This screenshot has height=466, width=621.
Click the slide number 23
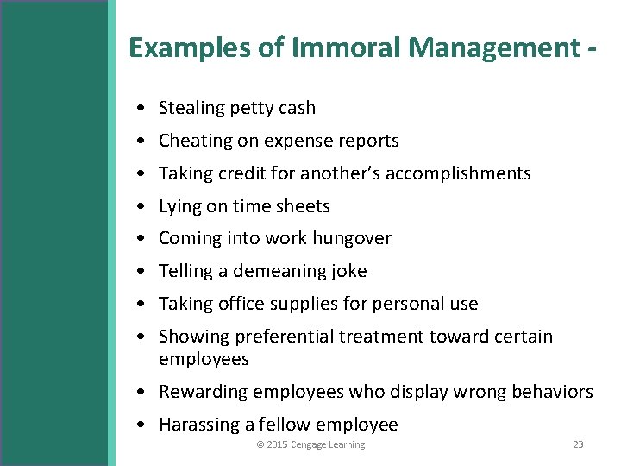[x=578, y=444]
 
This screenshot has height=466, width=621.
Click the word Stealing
[x=191, y=108]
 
